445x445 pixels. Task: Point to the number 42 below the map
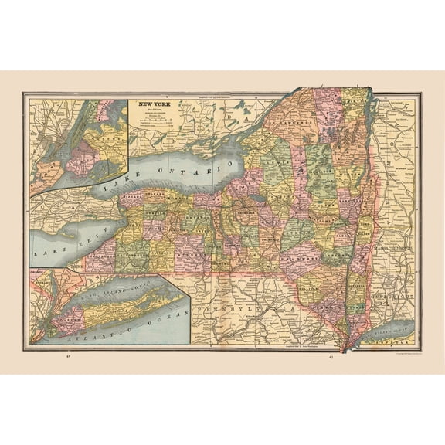330,358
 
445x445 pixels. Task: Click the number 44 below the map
68,358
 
